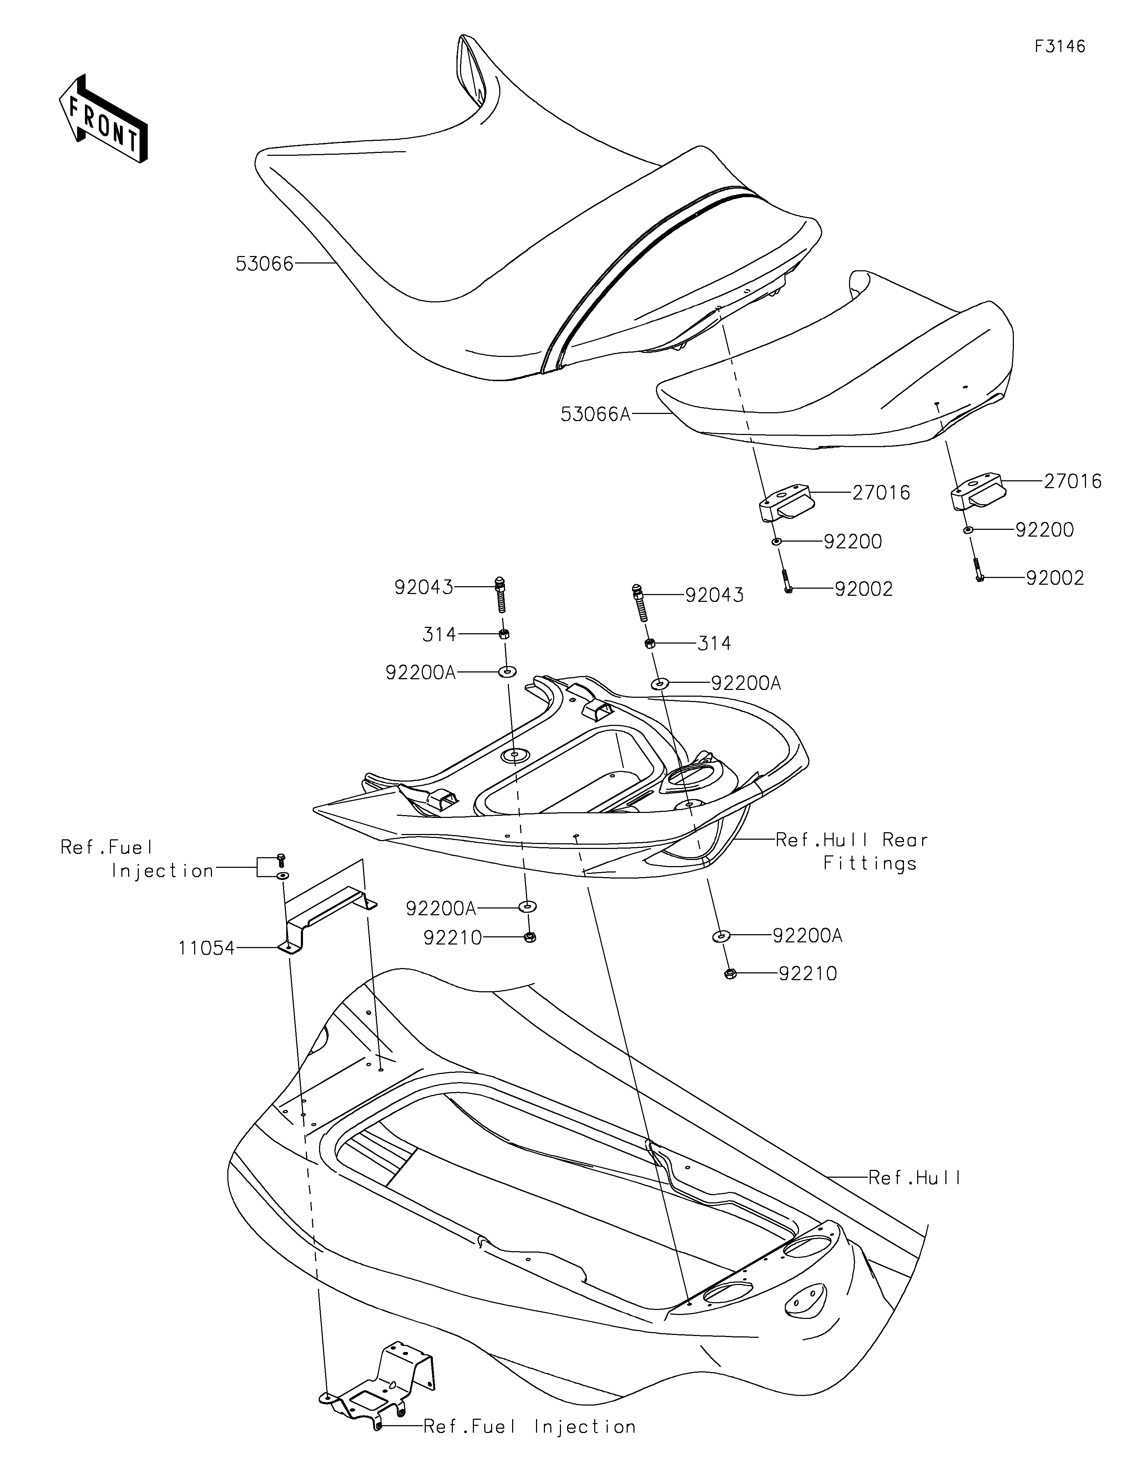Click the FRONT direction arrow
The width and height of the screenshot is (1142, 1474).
[x=103, y=118]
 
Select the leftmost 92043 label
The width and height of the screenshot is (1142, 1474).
[x=424, y=587]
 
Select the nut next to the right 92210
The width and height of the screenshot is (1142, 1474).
[x=729, y=973]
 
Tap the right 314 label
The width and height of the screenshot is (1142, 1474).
[x=714, y=643]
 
